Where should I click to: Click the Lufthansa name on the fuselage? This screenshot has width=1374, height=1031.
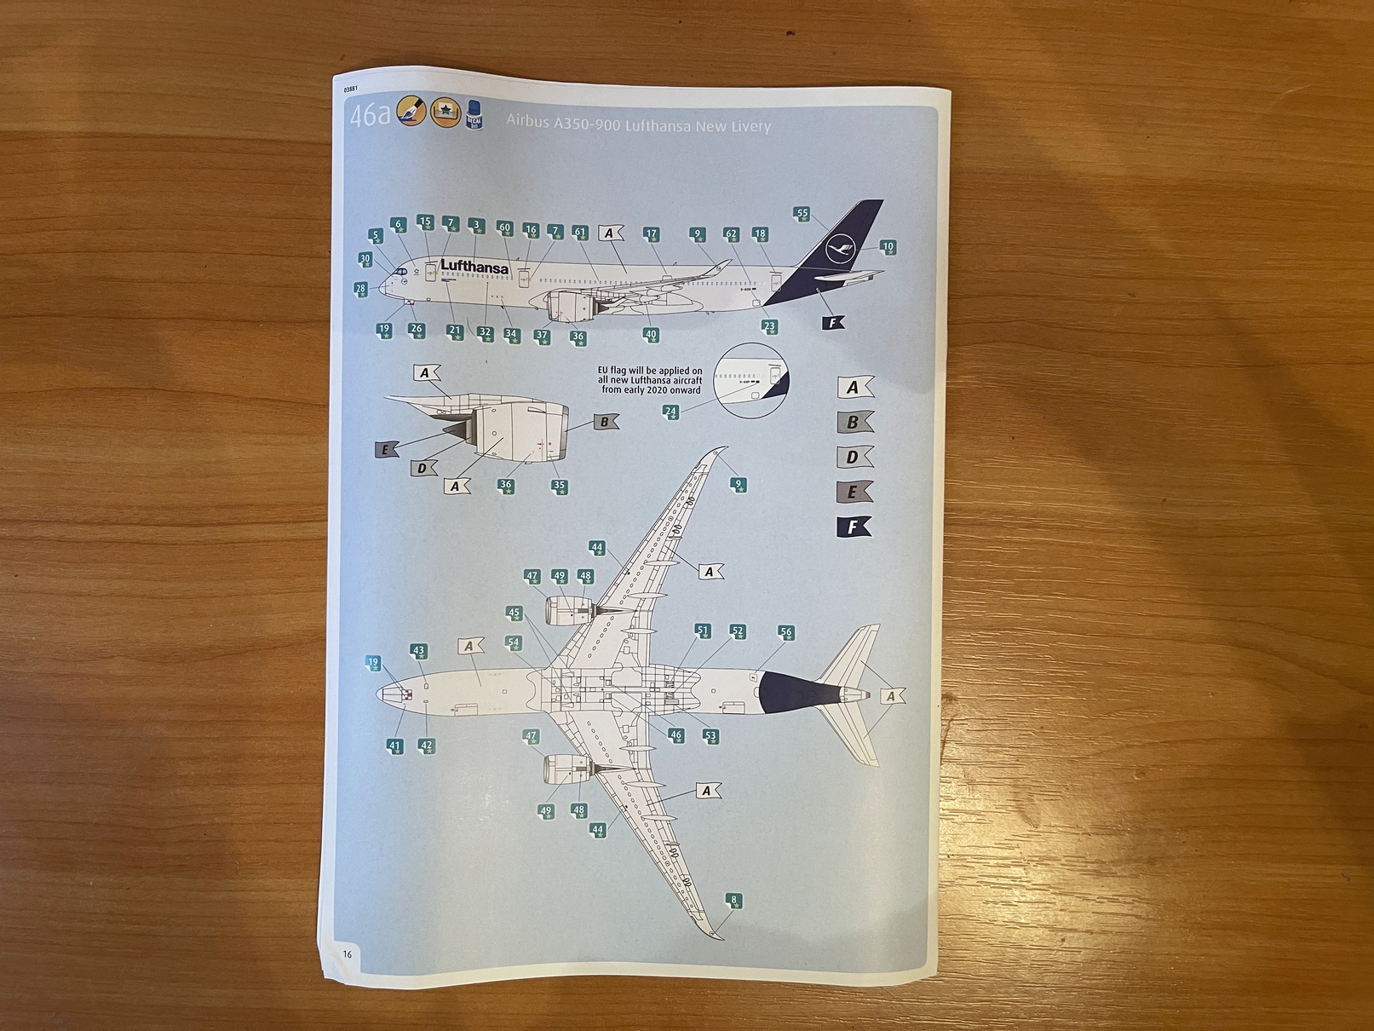[x=474, y=267]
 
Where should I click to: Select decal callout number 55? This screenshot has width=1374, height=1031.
[x=802, y=214]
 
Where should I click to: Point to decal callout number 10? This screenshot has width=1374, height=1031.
[x=888, y=247]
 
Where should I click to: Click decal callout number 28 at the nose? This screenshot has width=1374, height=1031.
[x=360, y=289]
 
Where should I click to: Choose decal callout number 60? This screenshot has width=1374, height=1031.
[x=504, y=228]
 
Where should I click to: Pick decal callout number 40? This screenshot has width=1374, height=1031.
[x=651, y=335]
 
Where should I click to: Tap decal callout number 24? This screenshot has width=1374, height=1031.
[x=670, y=412]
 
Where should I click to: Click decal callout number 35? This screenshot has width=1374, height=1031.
[x=559, y=486]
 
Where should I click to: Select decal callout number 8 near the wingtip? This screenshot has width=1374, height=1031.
[x=733, y=901]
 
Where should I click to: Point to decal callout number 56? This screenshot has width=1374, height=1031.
[x=785, y=632]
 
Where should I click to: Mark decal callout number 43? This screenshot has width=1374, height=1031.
[x=418, y=651]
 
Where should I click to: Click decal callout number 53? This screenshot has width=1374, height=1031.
[x=710, y=735]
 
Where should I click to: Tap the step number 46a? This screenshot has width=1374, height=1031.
[x=369, y=114]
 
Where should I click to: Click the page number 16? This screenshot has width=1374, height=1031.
[x=348, y=954]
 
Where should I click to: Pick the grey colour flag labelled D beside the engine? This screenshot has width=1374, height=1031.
[x=423, y=468]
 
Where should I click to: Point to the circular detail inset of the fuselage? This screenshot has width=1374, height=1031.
[x=752, y=381]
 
